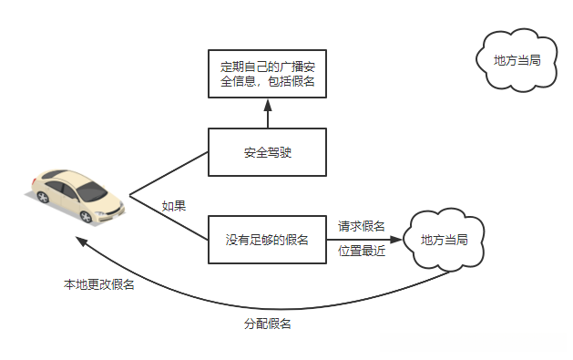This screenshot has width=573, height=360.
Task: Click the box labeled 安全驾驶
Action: point(267,152)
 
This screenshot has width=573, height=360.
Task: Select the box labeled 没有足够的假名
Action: point(267,241)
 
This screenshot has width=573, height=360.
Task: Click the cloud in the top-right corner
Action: point(517,60)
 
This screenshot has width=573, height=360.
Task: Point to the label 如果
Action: point(174,206)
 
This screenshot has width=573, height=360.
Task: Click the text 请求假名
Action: point(362,226)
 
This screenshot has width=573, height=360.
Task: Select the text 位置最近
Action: point(362,252)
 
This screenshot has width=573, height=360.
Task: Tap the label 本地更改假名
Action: point(98,285)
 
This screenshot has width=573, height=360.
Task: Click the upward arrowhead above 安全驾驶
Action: point(267,105)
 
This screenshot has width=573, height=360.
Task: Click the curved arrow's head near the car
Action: point(80,242)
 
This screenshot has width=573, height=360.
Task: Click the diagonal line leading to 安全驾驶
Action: point(170,174)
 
